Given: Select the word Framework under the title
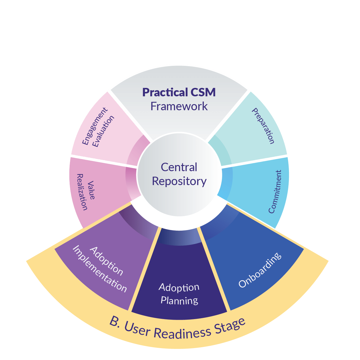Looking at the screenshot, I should tap(179, 106).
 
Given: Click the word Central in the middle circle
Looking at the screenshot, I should tap(179, 167).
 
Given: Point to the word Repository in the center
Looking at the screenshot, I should tap(179, 181).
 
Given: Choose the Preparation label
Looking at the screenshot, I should tap(263, 126).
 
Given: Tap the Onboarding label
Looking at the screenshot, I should tap(260, 270).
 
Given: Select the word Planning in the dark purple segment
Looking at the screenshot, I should tap(179, 300).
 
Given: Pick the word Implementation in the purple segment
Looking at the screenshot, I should tap(100, 269).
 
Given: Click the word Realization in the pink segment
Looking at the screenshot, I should tap(82, 192).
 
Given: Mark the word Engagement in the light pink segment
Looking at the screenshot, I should tap(95, 126).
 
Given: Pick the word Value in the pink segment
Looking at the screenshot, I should tap(91, 190).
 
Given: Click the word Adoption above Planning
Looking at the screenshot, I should tap(179, 287).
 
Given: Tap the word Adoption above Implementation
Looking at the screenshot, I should tap(106, 261).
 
